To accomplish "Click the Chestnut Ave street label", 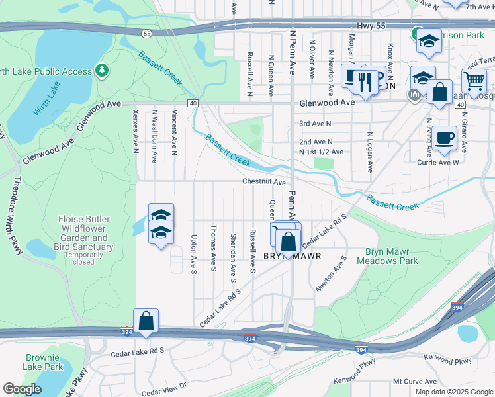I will pos(263,181).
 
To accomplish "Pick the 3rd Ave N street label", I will pos(315,123).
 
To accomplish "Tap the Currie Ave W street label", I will pos(438,162).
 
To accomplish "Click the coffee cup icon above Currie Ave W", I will pos(444,138).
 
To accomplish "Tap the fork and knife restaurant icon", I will pos(365,81).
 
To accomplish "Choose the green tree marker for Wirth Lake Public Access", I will pos(101,69).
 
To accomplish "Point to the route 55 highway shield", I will pos(146,33).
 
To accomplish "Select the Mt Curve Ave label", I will pos(414,382).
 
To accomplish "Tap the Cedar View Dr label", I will pos(164,388).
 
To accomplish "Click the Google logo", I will pos(22,389).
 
